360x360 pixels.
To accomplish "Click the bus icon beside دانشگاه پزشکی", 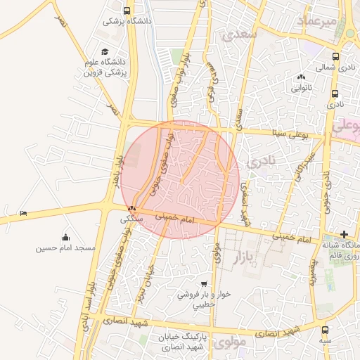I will pyautogui.click(x=127, y=11).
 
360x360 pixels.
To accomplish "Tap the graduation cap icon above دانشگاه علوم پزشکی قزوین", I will pyautogui.click(x=105, y=52).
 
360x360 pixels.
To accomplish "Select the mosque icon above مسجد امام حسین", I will pyautogui.click(x=66, y=237).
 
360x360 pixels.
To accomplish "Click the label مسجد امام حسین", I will pyautogui.click(x=66, y=250).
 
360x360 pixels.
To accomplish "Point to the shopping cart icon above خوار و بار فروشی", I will pyautogui.click(x=204, y=284).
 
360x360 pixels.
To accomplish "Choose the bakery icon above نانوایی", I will pyautogui.click(x=302, y=77).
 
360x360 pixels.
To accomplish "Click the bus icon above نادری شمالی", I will pyautogui.click(x=335, y=57).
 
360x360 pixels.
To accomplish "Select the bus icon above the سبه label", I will pyautogui.click(x=325, y=329).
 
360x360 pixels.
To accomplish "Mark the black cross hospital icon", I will pyautogui.click(x=344, y=233).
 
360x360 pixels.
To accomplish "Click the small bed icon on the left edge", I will pyautogui.click(x=24, y=213).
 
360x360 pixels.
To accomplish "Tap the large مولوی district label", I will pyautogui.click(x=231, y=343).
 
